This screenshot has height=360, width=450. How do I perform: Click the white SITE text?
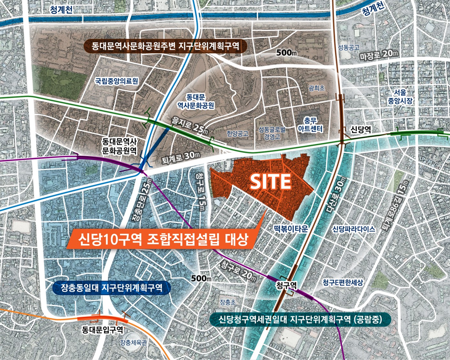[270, 181]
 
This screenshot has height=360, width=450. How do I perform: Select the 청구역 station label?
[286, 285]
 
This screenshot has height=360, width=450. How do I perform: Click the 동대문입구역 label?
[102, 330]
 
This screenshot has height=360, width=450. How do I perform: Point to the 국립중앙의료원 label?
[117, 81]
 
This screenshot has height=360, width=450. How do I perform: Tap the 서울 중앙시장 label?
[400, 97]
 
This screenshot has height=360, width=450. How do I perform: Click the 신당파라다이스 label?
[354, 229]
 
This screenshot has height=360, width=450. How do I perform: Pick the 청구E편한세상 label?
[343, 282]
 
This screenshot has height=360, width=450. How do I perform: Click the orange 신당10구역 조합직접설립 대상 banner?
[163, 239]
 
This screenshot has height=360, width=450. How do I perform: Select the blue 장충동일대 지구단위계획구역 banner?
[111, 288]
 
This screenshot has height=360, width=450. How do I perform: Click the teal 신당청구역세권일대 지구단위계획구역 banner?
[300, 319]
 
